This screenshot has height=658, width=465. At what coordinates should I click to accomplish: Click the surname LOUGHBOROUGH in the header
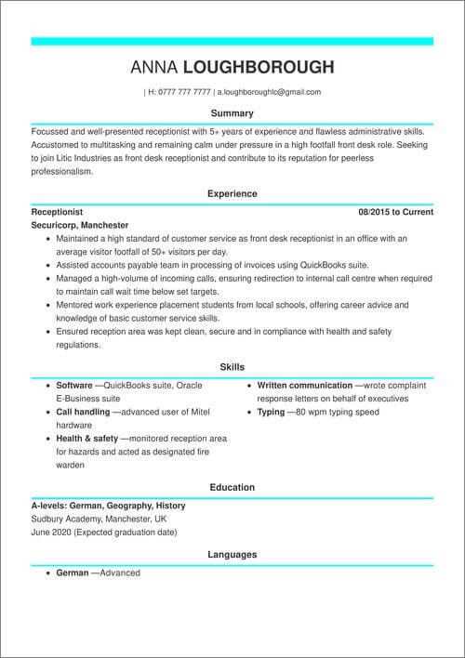coord(259,67)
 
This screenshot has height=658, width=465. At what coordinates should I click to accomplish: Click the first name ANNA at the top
coord(154,67)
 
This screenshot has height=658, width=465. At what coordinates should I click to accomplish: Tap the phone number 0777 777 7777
coord(185,92)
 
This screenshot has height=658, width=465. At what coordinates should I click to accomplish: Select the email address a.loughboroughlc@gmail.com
coord(269,92)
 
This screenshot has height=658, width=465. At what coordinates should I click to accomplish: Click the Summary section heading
coord(232,113)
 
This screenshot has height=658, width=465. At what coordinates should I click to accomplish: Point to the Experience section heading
coord(232,194)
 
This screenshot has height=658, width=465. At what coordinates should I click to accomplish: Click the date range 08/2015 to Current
coord(395,212)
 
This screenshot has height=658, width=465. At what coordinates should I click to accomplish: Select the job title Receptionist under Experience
coord(57,212)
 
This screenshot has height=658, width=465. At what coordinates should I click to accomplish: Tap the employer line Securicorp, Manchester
coord(80,225)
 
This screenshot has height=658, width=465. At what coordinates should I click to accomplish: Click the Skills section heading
coord(232,367)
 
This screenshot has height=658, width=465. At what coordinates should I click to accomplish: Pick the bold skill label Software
coord(74,385)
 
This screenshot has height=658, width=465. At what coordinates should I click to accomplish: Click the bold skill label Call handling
coord(83,411)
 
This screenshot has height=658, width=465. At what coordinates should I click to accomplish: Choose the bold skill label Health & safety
coord(87,438)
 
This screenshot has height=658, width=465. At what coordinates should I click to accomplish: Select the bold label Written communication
coord(304,385)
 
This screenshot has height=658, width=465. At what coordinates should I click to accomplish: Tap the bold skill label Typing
coord(272,411)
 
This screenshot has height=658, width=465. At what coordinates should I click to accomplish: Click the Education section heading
coord(232,487)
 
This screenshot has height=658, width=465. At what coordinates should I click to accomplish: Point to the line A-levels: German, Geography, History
coord(108,506)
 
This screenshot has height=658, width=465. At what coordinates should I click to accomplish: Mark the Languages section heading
coord(232,555)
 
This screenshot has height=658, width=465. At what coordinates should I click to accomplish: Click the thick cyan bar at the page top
coord(232,41)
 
